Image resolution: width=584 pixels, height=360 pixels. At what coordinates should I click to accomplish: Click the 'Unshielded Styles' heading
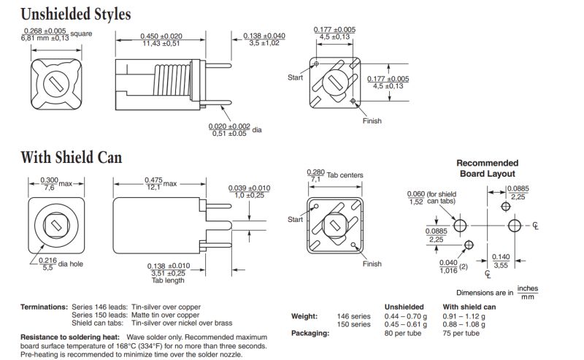[76, 13]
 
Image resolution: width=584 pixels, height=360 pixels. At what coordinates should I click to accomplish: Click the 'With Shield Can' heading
[71, 157]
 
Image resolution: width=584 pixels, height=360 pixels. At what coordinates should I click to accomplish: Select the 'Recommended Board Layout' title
[487, 169]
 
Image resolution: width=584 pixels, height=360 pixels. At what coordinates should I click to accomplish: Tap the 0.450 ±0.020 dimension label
[161, 37]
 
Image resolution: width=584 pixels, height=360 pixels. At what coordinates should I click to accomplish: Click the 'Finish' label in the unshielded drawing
[372, 120]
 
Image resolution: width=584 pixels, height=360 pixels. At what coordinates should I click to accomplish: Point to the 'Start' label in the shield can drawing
[295, 219]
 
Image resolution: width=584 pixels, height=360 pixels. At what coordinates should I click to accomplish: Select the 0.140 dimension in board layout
[501, 261]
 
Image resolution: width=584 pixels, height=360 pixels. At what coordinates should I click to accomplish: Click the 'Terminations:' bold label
[44, 307]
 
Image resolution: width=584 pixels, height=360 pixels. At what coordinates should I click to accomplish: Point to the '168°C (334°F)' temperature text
[137, 346]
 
